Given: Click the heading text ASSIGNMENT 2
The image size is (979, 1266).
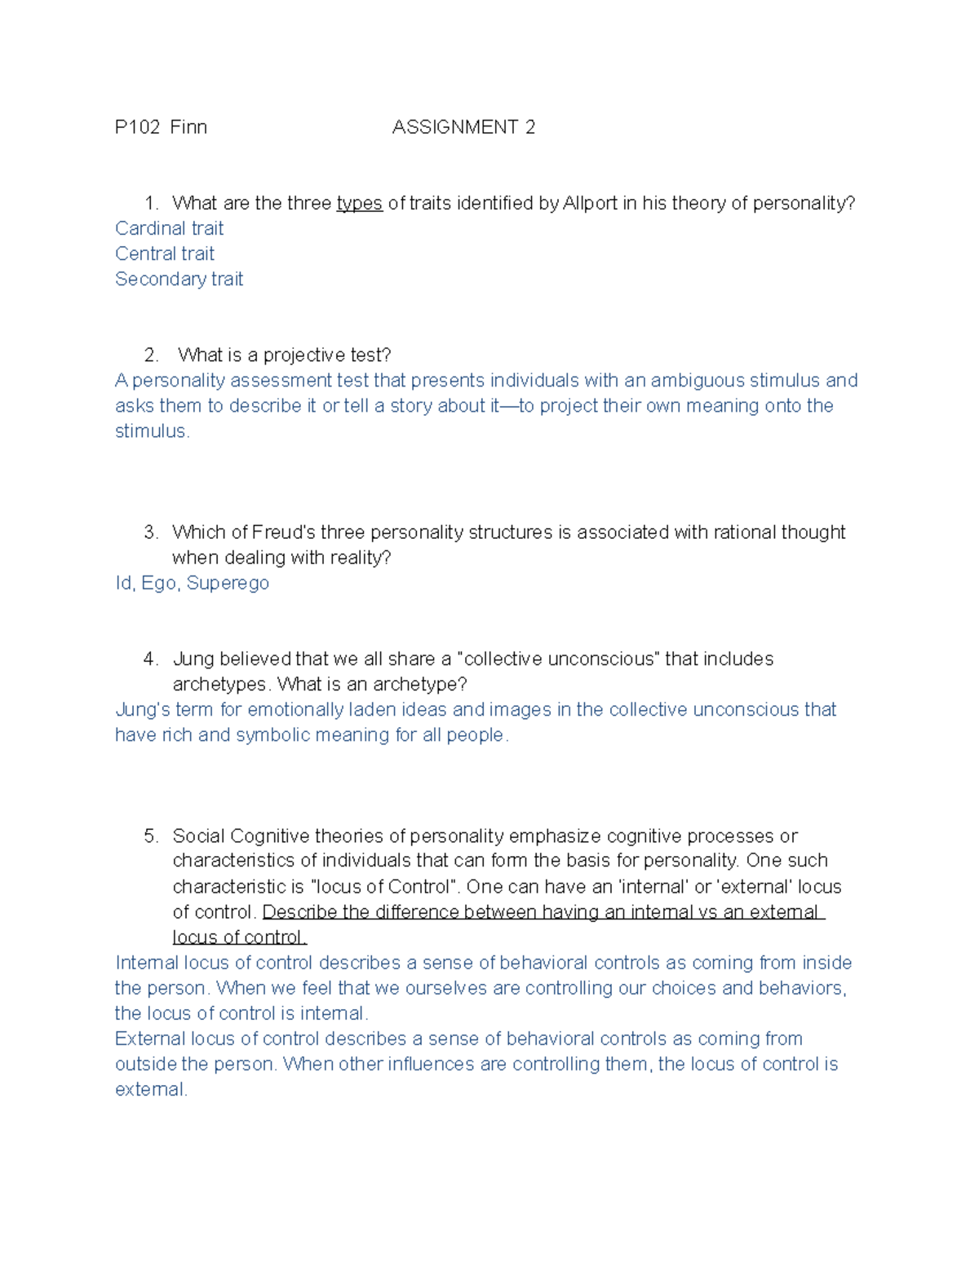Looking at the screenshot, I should (463, 127).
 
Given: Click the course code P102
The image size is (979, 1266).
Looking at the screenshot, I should (137, 127).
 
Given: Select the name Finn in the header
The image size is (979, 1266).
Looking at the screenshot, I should (188, 127).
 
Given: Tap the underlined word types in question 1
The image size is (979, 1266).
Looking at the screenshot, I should (359, 204).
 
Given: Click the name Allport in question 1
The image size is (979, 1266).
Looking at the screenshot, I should (590, 203).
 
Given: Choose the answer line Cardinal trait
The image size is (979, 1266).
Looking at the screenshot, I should (169, 228).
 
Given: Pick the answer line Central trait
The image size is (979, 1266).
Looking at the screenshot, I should (165, 254).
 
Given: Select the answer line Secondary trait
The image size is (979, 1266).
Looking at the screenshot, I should (179, 279).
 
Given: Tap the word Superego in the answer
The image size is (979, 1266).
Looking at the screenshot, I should (228, 583).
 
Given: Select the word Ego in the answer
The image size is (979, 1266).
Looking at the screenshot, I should (158, 583).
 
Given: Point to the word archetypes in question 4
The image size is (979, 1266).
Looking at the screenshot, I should (219, 684).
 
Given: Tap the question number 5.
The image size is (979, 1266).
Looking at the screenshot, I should (150, 836).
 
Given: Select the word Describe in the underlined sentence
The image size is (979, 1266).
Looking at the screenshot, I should (298, 912).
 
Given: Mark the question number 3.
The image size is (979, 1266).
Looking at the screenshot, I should (150, 532).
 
